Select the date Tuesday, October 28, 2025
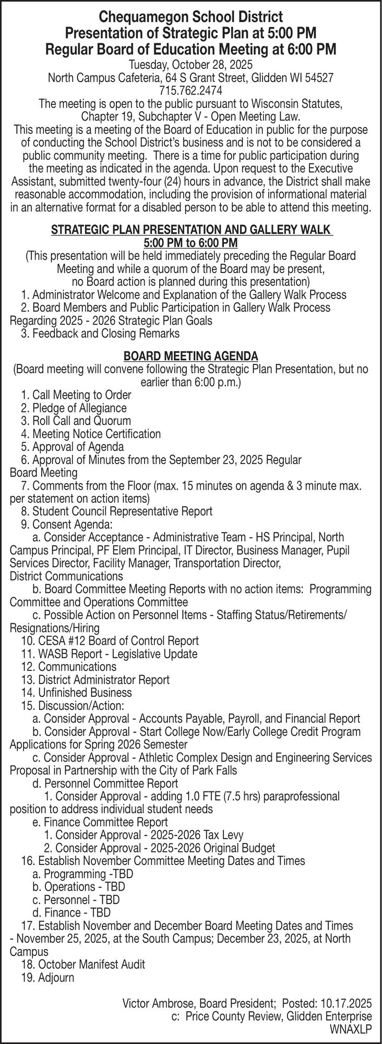point(191,65)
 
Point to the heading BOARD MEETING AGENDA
point(190,356)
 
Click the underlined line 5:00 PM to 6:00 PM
point(190,243)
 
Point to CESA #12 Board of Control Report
point(110,640)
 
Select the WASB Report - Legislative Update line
point(110,654)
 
